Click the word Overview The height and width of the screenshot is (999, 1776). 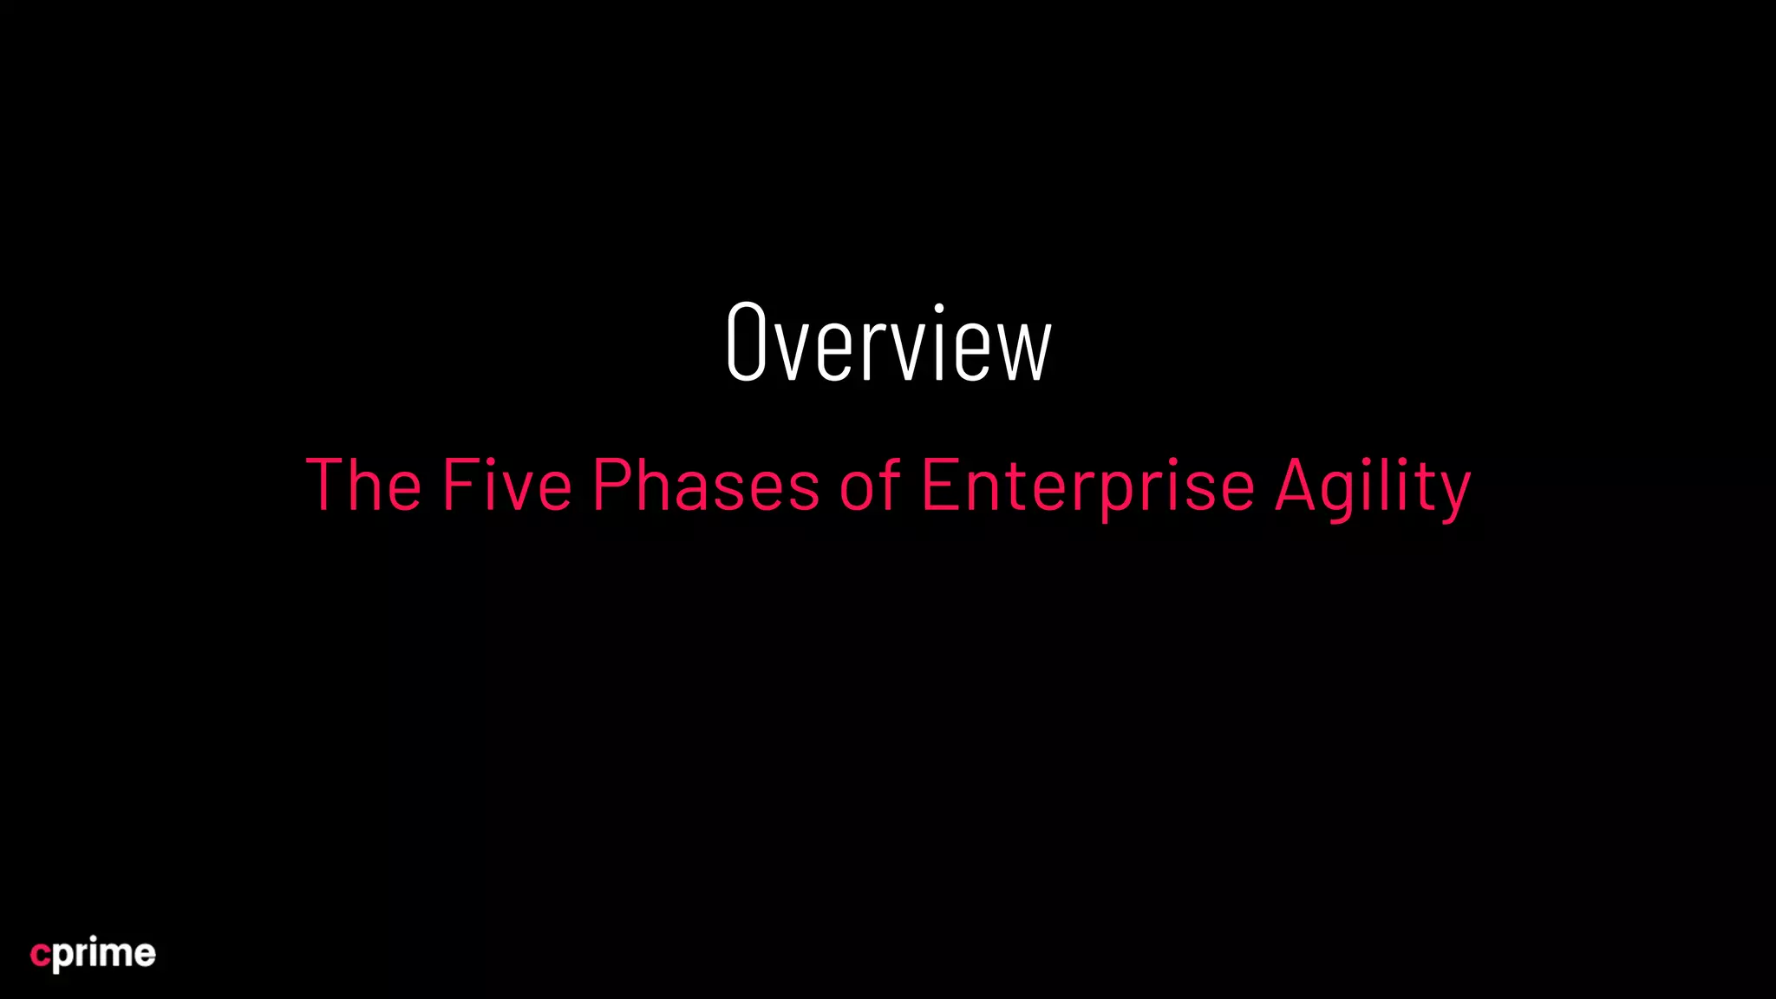[888, 343]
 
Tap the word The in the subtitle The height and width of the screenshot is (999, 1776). [363, 485]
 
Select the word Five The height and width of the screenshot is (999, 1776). [507, 485]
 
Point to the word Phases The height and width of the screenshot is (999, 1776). [706, 485]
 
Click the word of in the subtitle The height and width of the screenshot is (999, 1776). [870, 485]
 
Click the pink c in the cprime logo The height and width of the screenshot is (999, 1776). [40, 955]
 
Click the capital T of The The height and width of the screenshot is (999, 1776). [327, 485]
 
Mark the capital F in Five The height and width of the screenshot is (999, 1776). [456, 485]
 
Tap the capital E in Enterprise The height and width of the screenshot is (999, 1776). [938, 485]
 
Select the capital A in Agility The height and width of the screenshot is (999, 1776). [1296, 485]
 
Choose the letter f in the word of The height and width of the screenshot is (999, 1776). [890, 483]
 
